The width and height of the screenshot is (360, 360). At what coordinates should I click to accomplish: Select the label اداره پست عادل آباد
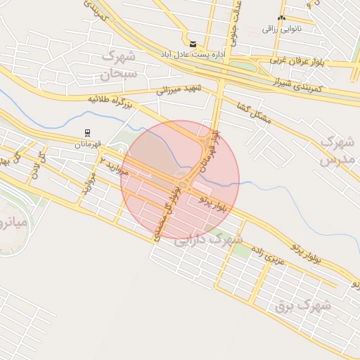[x=193, y=54]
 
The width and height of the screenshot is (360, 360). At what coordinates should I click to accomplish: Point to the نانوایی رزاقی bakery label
[x=282, y=29]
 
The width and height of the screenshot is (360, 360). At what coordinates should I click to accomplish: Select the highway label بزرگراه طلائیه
[x=111, y=103]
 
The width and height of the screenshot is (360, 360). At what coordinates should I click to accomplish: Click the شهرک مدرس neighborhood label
[x=335, y=150]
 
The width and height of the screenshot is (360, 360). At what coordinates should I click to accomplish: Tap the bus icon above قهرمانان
[x=87, y=132]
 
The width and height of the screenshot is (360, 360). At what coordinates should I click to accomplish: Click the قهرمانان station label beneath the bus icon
[x=87, y=143]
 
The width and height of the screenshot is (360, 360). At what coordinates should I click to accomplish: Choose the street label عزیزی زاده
[x=268, y=250]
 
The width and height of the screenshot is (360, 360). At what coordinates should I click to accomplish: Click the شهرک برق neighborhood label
[x=303, y=305]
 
